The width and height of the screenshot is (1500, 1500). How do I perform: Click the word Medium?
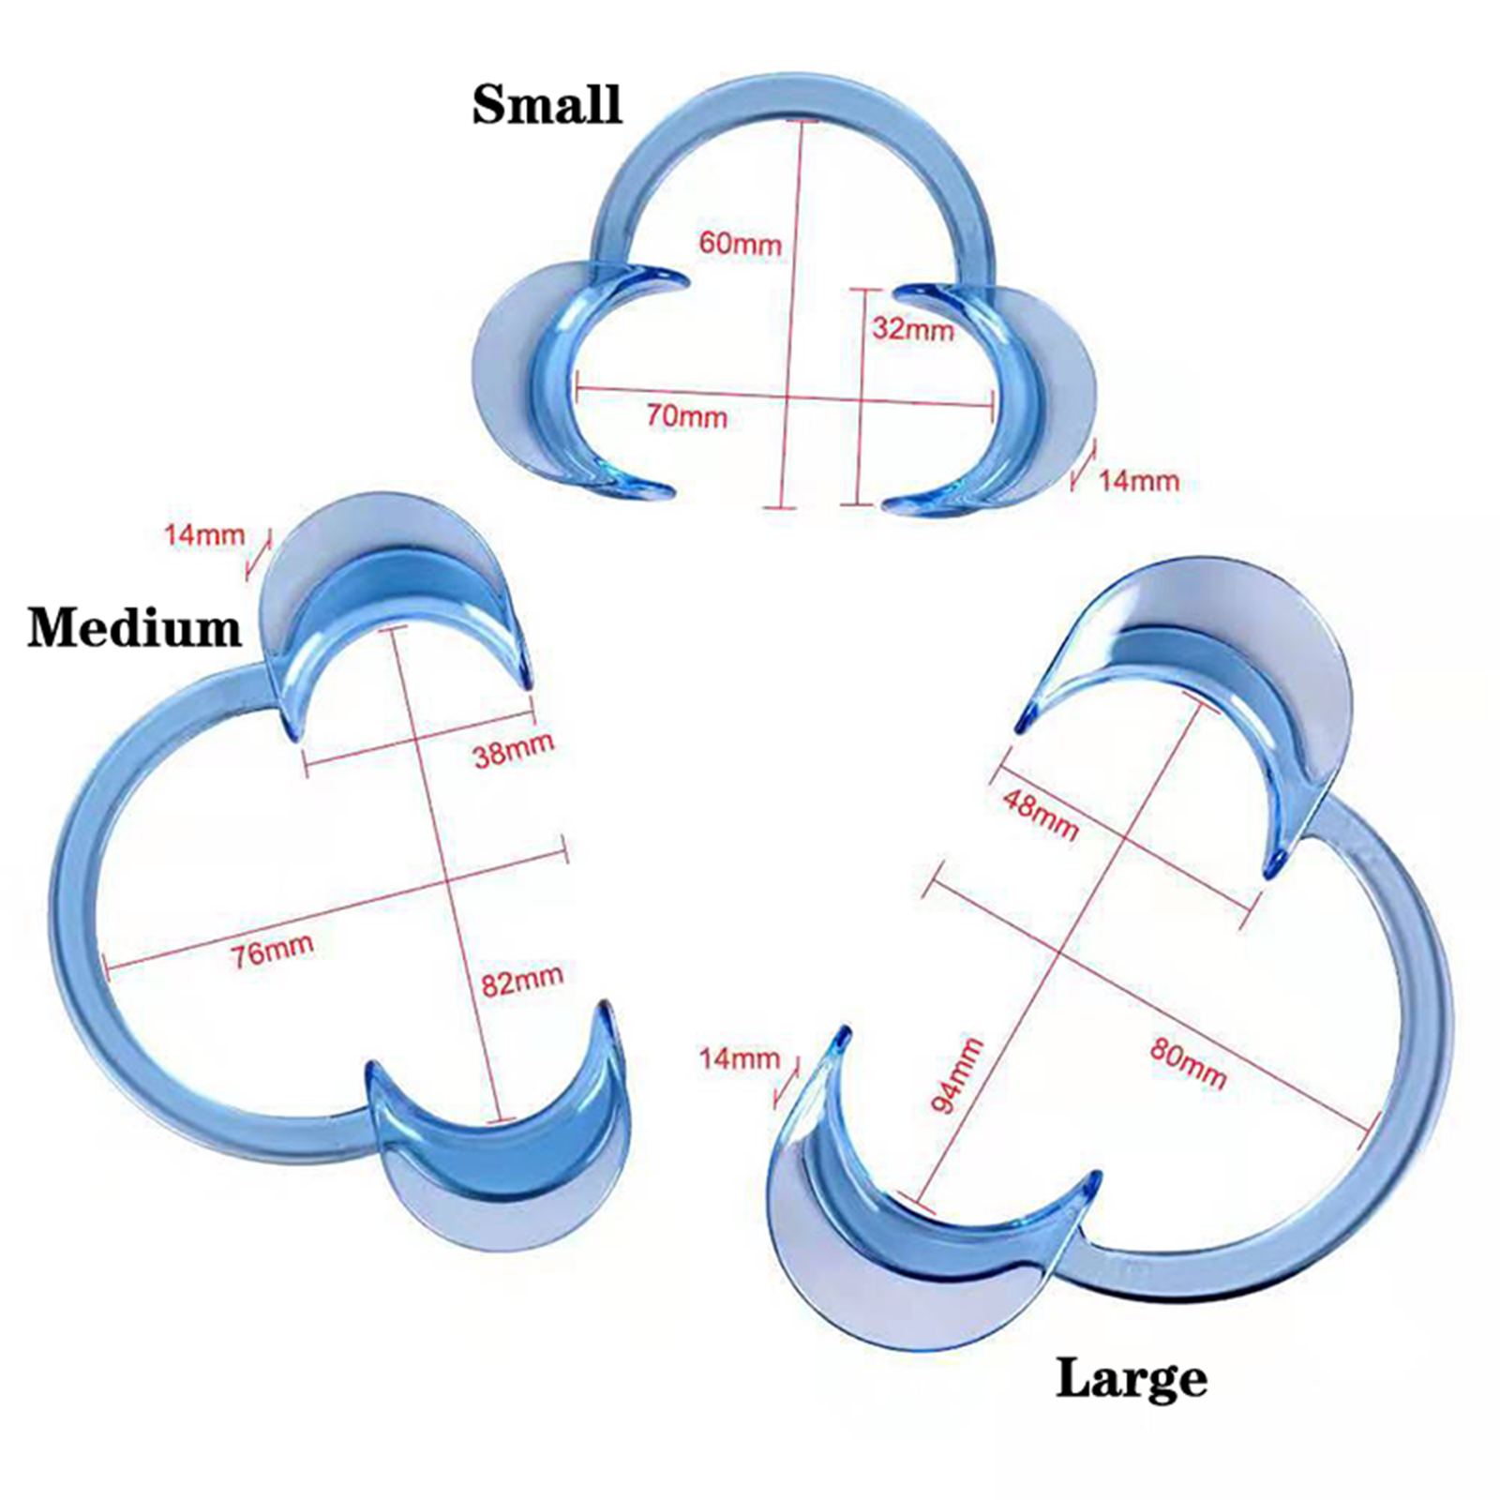coord(134,627)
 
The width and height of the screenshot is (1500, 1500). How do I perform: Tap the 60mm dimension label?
coord(740,243)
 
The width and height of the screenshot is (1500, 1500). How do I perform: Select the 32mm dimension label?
coord(912,328)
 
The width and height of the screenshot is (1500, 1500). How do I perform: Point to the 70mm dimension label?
coord(686,414)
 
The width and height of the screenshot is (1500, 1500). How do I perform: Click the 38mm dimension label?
coord(513,749)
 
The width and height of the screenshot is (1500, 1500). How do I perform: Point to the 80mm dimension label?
coord(1188,1065)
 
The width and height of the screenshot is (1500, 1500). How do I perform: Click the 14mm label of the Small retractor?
coord(1138,481)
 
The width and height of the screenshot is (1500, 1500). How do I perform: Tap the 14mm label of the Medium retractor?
coord(204,535)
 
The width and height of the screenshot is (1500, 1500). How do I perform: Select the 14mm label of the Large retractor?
coord(740,1058)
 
